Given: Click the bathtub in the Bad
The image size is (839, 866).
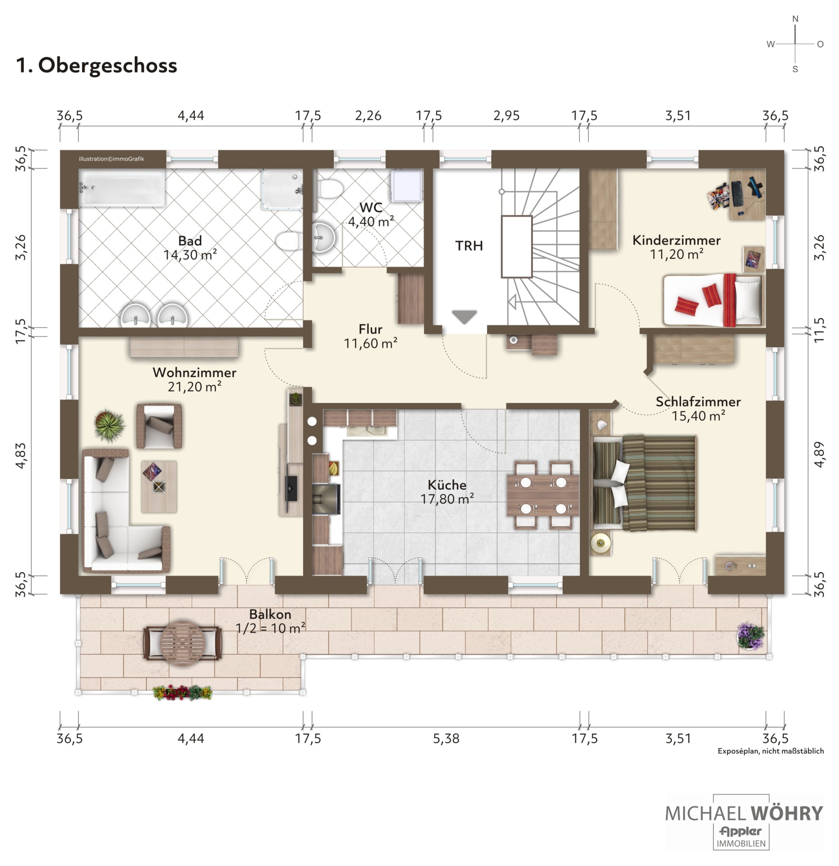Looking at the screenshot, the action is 122,188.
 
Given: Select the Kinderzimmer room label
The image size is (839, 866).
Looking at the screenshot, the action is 676,240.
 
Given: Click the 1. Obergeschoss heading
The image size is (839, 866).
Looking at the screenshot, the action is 96,65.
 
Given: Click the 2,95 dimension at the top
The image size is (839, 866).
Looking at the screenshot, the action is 506,116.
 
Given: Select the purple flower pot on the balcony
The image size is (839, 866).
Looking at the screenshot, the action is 750,637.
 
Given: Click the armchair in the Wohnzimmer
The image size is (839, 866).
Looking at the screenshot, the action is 159,426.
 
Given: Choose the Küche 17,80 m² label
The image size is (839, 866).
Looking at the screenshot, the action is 447,492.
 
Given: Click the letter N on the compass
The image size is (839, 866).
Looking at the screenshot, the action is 795,19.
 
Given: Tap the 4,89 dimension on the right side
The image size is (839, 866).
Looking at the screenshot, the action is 819,454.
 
